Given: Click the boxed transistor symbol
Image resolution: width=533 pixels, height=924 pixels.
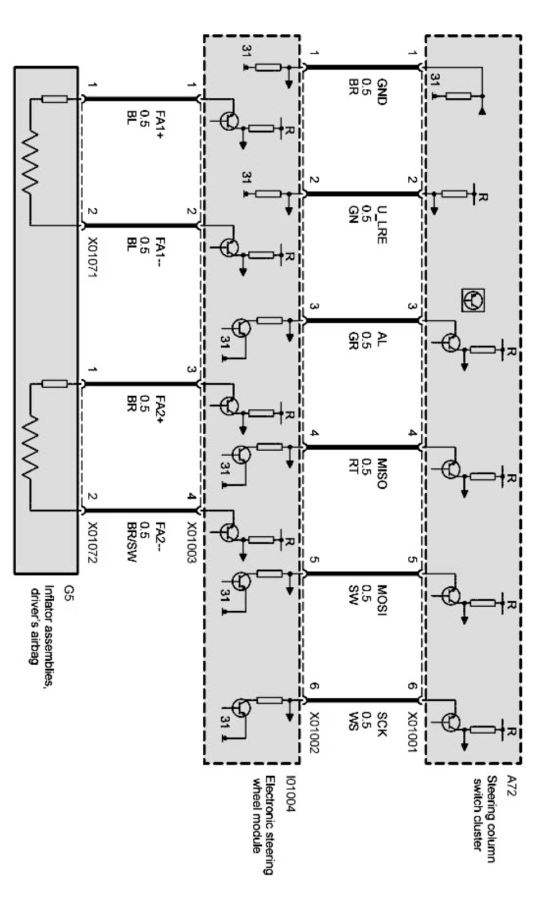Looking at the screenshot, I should tap(473, 300).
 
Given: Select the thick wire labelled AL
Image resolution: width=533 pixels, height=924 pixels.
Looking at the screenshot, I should tap(362, 321).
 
